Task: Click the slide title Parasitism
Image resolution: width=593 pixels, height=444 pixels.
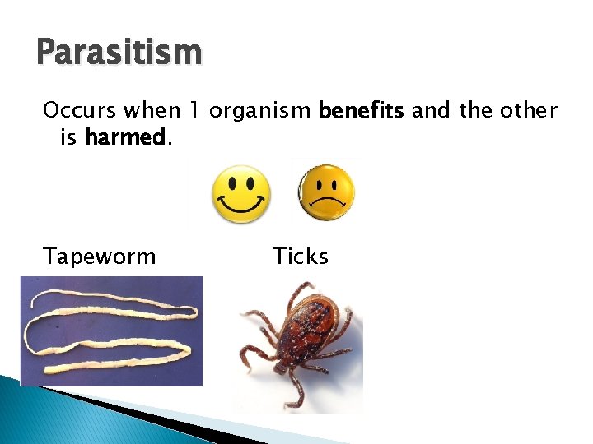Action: tap(119, 53)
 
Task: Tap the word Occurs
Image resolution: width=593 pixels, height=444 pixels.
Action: tap(78, 110)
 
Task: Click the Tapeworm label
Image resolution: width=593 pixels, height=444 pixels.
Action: tap(100, 257)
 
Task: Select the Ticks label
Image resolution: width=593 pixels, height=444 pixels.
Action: tap(301, 257)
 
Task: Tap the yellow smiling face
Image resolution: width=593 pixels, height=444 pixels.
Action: tap(241, 194)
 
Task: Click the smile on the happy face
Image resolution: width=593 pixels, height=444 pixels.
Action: tap(241, 206)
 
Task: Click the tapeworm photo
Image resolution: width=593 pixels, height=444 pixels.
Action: tap(111, 331)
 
